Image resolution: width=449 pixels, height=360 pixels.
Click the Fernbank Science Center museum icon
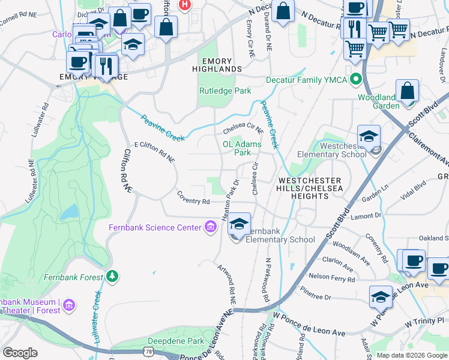point(211,227)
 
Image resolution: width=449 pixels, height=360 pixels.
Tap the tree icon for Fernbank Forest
point(112,276)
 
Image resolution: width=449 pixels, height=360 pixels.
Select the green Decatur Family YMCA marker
point(356,79)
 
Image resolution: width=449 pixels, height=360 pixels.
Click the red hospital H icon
point(185,4)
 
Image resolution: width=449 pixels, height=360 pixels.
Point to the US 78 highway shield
point(149,349)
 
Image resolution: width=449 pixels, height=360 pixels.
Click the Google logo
point(20,353)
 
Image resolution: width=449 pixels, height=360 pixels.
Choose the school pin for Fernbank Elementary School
point(240,225)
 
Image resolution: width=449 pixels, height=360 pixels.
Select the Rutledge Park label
point(225,91)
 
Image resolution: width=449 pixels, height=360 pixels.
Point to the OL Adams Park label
point(242,148)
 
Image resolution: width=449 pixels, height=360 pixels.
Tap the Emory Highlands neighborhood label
point(221,65)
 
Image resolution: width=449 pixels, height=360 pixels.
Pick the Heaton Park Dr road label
point(232,200)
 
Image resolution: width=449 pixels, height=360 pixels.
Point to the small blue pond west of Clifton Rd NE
point(70,211)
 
